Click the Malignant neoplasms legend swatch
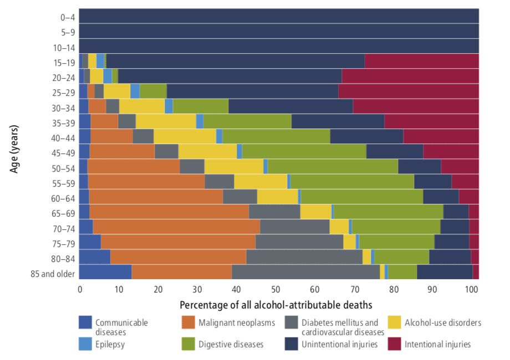click(188, 322)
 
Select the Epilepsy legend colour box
click(85, 344)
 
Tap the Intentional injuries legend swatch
click(395, 344)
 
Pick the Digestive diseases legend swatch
click(188, 344)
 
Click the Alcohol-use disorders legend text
click(442, 322)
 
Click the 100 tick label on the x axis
click(471, 289)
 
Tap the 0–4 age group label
click(67, 17)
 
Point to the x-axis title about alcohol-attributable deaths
click(276, 305)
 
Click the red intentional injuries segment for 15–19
click(421, 61)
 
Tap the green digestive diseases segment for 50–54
click(333, 166)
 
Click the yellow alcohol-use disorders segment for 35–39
click(166, 121)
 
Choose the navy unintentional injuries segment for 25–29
click(252, 91)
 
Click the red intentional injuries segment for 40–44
click(441, 136)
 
